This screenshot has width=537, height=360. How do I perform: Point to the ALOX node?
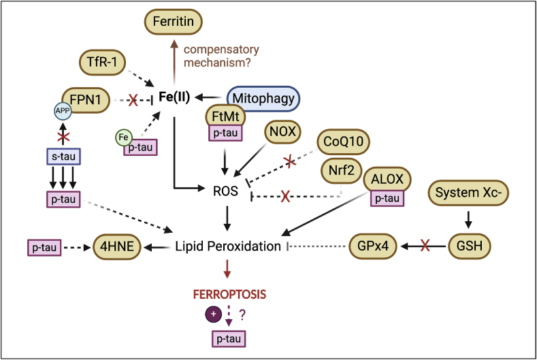[x=388, y=180]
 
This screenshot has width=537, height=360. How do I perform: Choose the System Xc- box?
[x=466, y=193]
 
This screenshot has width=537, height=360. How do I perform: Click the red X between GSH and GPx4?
[x=424, y=245]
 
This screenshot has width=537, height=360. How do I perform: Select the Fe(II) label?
[x=175, y=98]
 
